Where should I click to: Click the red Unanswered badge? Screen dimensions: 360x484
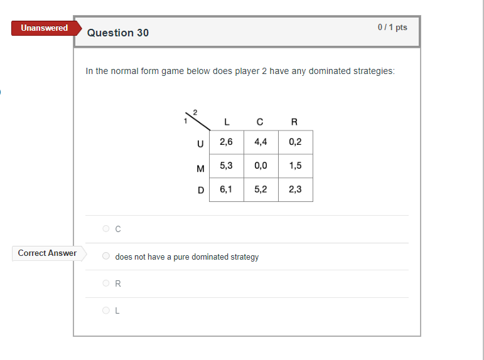coord(45,28)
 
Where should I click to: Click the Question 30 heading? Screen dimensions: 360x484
coord(118,33)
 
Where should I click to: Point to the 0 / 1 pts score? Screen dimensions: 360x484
coord(392,28)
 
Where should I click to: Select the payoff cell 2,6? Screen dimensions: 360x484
coord(226,142)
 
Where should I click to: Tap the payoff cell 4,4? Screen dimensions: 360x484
coord(261,142)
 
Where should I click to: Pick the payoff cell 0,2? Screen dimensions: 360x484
coord(295,142)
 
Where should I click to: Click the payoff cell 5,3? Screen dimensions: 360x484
coord(226,166)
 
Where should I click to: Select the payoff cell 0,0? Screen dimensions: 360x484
coord(261,166)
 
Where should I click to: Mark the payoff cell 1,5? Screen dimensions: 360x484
coord(295,166)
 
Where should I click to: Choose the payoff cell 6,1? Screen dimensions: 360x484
coord(226,189)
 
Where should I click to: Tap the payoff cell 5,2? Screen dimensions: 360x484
coord(261,189)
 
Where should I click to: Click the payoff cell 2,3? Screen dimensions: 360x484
coord(295,189)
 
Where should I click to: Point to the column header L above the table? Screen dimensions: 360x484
coord(226,122)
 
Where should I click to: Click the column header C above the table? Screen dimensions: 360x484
coord(260,122)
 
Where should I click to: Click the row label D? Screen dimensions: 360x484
coord(201,190)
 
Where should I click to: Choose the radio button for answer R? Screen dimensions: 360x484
coord(106,283)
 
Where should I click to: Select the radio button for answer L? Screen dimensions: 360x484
coord(106,310)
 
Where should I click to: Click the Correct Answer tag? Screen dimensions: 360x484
coord(48,253)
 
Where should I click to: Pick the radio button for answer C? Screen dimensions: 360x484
coord(106,229)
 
